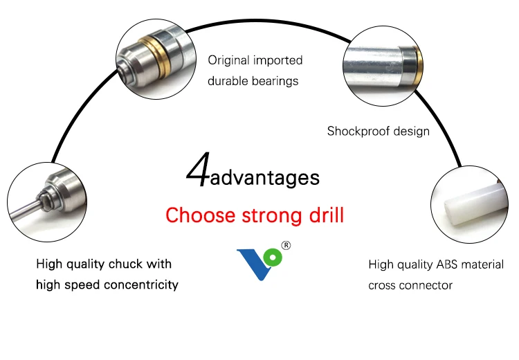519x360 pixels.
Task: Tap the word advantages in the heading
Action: pos(265,178)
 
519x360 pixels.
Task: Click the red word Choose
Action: pos(201,215)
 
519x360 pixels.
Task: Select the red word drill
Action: pos(325,215)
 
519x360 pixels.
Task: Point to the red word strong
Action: pos(271,216)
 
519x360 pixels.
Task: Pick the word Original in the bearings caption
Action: pos(229,61)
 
